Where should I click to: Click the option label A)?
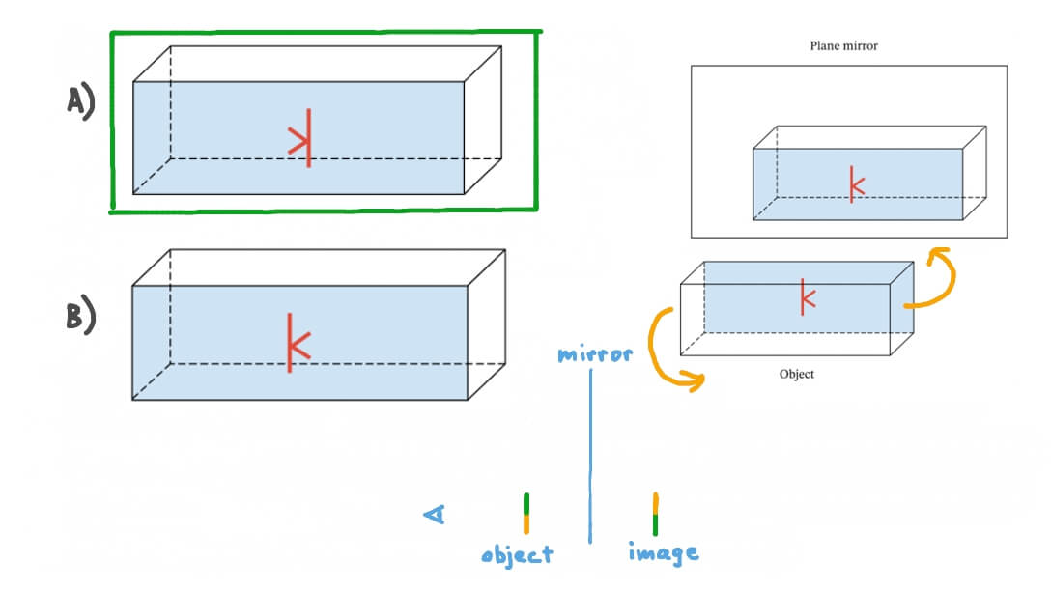[x=80, y=100]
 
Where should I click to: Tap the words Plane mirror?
[x=843, y=45]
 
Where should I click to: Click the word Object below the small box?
[x=797, y=374]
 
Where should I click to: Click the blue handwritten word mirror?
[x=595, y=354]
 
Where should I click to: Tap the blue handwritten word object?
[x=518, y=554]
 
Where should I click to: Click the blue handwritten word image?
[x=663, y=552]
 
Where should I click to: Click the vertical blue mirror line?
[x=590, y=454]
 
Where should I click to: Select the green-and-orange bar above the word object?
[x=526, y=514]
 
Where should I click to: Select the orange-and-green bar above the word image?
[x=656, y=514]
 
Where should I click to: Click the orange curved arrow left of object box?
[x=661, y=348]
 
